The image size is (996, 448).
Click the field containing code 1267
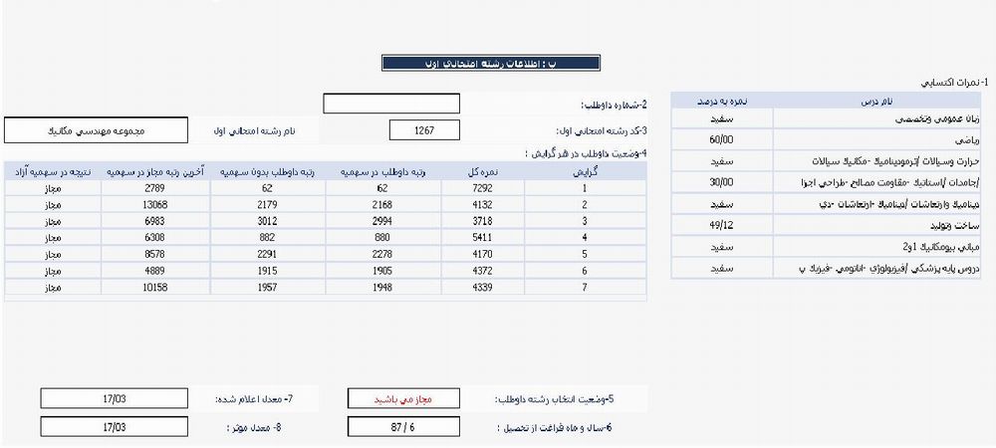click(x=424, y=130)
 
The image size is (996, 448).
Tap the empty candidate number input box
click(x=391, y=104)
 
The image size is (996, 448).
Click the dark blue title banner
click(x=491, y=63)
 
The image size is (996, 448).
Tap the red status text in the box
click(x=404, y=399)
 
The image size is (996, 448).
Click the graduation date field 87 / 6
click(x=404, y=428)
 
